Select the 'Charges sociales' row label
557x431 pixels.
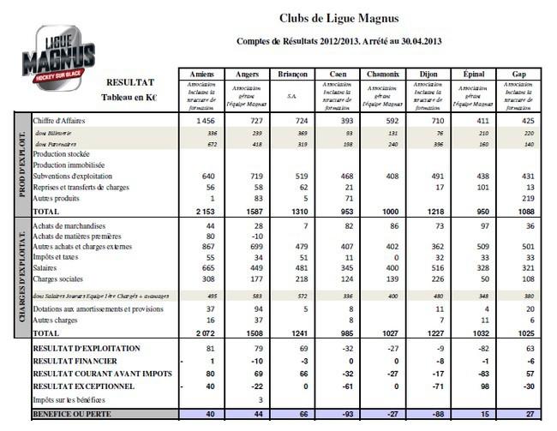[60, 278]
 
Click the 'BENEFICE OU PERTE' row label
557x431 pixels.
[73, 414]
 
